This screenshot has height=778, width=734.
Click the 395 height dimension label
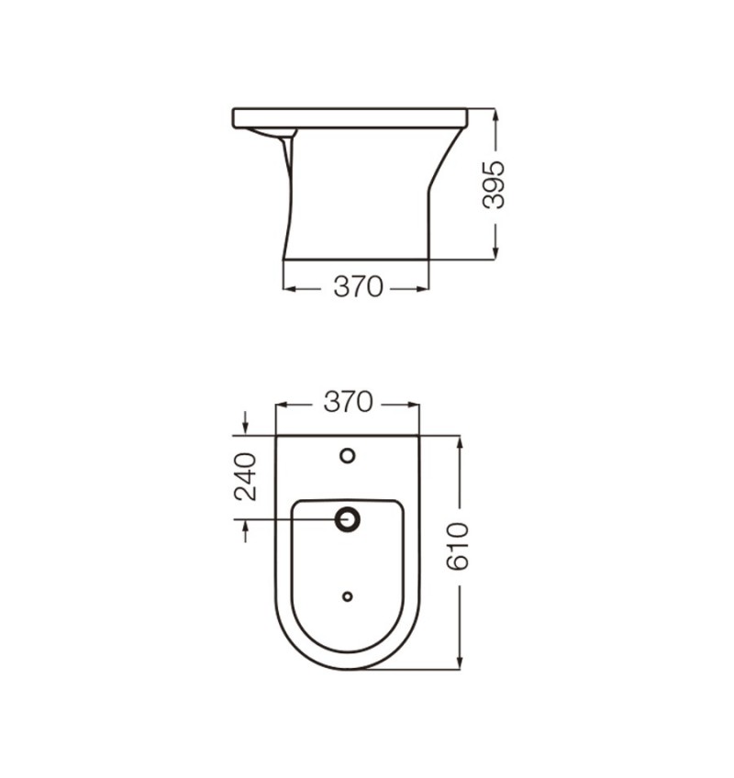pyautogui.click(x=494, y=184)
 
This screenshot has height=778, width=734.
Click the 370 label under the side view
pyautogui.click(x=359, y=287)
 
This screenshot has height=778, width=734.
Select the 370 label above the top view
pyautogui.click(x=348, y=402)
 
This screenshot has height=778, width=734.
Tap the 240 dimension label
pyautogui.click(x=245, y=476)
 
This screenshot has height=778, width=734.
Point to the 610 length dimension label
pyautogui.click(x=457, y=546)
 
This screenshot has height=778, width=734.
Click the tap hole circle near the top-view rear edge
pyautogui.click(x=348, y=455)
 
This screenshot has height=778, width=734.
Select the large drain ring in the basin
pyautogui.click(x=348, y=519)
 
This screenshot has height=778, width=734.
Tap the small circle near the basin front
pyautogui.click(x=348, y=596)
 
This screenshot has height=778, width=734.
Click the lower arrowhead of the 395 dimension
pyautogui.click(x=495, y=252)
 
